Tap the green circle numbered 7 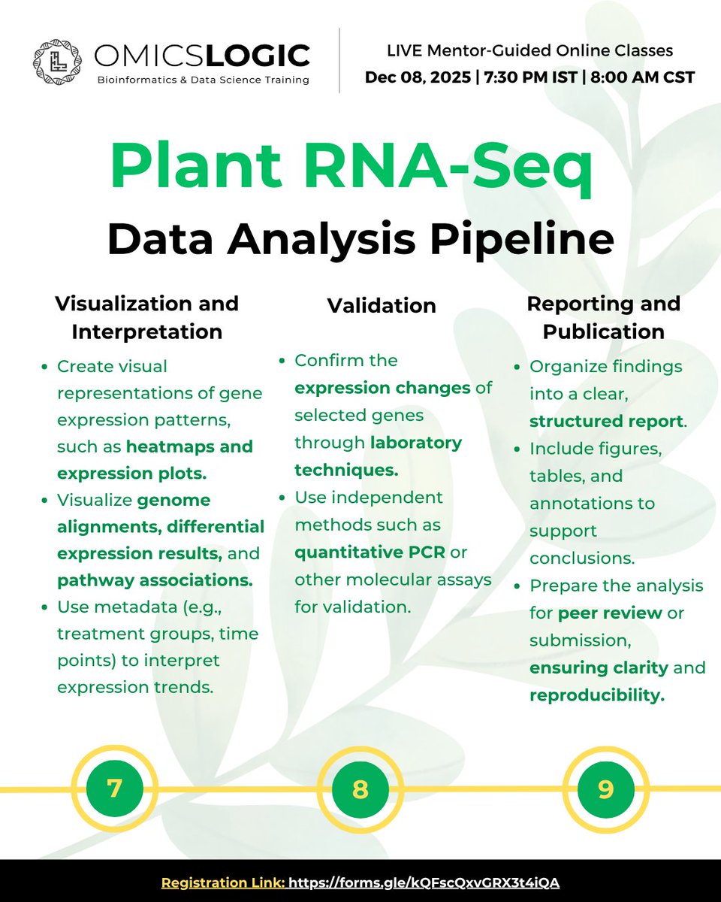click(114, 788)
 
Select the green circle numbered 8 click(360, 789)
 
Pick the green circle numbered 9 click(605, 789)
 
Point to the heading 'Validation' click(382, 305)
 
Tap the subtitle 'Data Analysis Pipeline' click(360, 238)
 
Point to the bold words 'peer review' click(610, 613)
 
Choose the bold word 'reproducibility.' click(597, 695)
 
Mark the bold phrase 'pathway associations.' click(154, 580)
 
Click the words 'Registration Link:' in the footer click(222, 882)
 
